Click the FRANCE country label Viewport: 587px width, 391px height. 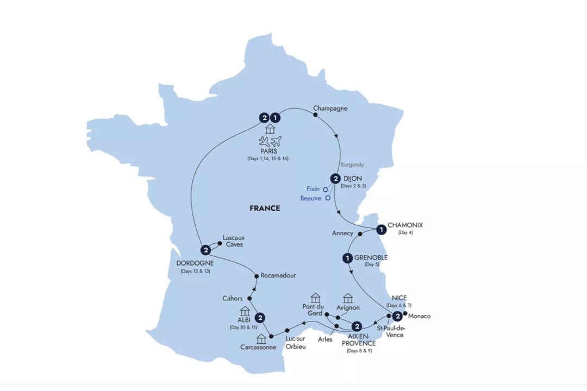[x=265, y=208]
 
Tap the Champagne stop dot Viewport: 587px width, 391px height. [x=315, y=115]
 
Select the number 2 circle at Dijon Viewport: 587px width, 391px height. [x=336, y=179]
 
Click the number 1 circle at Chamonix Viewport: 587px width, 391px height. [x=382, y=230]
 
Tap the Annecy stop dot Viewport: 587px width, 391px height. [x=360, y=234]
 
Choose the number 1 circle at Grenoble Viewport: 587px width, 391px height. [x=347, y=258]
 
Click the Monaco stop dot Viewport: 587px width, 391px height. [x=405, y=313]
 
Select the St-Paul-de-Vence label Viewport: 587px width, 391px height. [x=390, y=331]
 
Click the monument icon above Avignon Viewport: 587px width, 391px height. [x=348, y=298]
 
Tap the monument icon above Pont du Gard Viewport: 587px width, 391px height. [x=315, y=298]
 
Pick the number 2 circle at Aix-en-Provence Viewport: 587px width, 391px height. [x=357, y=326]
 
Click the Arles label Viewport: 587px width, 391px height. [x=325, y=339]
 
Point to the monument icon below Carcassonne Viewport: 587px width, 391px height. [x=261, y=339]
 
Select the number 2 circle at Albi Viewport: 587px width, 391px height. [x=260, y=318]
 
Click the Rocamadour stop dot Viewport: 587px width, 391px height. [x=256, y=276]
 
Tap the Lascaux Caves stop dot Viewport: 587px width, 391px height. [x=220, y=243]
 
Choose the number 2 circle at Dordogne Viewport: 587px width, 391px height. [x=205, y=250]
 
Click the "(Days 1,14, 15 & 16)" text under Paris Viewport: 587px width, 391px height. [x=268, y=159]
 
